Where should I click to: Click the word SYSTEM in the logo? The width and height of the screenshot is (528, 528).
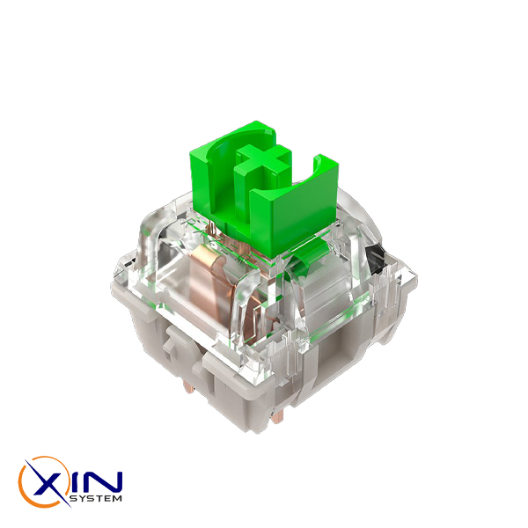point(95,498)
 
